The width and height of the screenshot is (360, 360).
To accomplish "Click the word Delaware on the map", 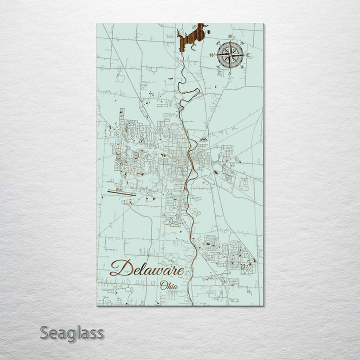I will pos(146,268).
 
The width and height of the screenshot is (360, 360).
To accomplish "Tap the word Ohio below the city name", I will pos(168,285).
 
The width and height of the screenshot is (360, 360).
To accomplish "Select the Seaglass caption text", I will pos(71,332).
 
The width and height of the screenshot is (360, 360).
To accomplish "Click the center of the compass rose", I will pos(230,54).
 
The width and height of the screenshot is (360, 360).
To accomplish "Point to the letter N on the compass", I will pos(230,37).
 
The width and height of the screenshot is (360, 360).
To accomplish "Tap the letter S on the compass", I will pos(230,73).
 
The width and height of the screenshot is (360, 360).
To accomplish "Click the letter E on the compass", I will pos(247,55).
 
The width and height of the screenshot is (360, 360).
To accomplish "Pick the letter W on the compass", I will pos(212,55).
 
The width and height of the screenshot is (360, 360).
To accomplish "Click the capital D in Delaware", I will pos(119,267).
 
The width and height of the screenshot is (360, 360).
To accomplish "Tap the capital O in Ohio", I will pos(163,285).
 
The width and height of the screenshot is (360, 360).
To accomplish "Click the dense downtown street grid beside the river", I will pos(175,150).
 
